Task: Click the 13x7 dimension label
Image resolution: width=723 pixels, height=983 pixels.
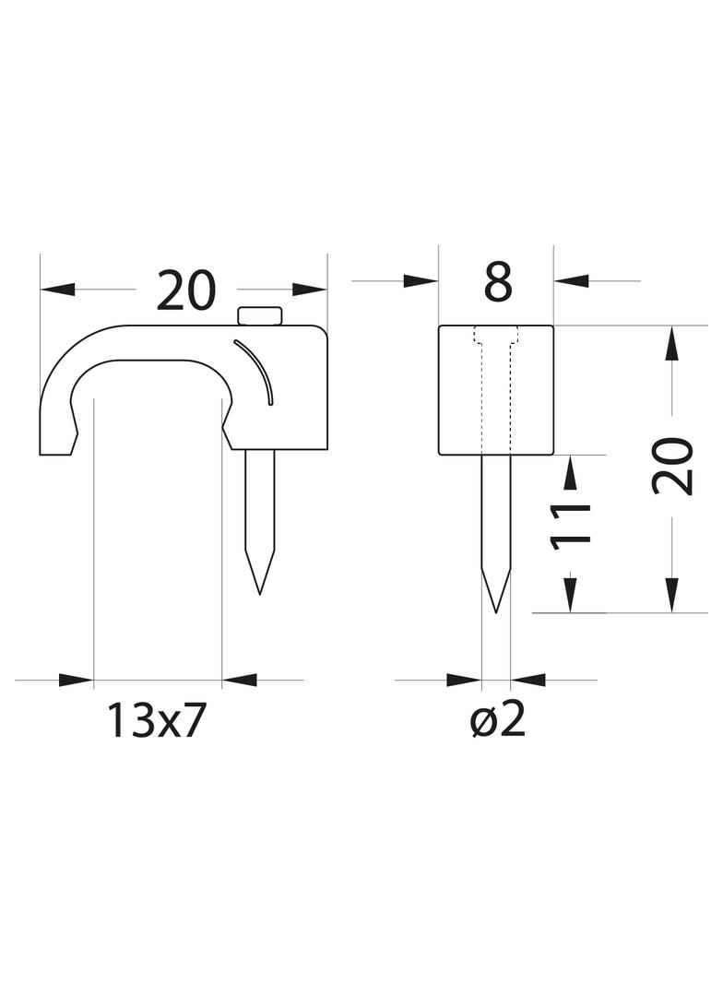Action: point(157,720)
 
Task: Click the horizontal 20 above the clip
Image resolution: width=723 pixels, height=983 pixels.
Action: point(185,290)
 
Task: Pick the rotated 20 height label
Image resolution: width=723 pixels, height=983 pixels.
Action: point(673,467)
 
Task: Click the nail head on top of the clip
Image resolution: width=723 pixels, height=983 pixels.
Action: point(260,316)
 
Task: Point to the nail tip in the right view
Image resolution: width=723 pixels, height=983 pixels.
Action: point(496,611)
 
